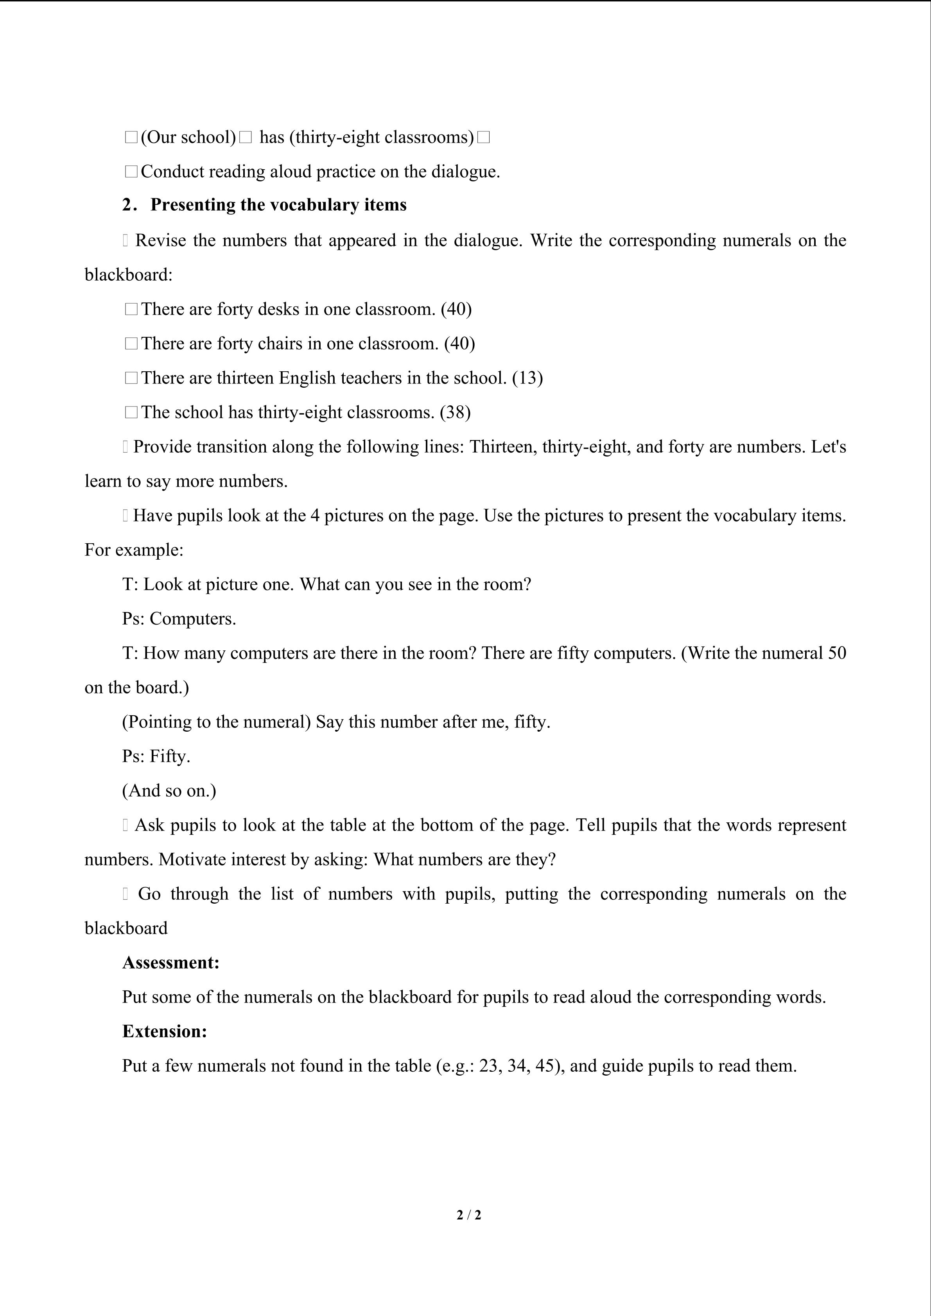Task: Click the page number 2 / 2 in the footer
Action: tap(468, 1214)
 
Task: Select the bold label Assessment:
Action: tap(171, 962)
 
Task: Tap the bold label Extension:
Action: tap(165, 1031)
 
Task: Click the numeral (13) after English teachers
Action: tap(527, 378)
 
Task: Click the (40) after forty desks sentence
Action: tap(456, 309)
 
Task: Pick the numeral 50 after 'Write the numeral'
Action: tap(837, 653)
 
